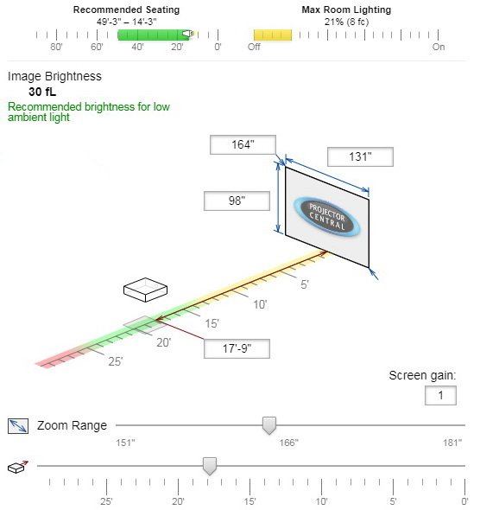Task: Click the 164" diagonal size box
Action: [243, 144]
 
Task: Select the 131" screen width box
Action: [360, 156]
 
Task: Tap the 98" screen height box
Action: [237, 201]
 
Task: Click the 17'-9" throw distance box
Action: [237, 348]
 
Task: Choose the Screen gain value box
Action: [440, 396]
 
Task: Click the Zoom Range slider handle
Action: [269, 425]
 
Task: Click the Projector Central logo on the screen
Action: [326, 216]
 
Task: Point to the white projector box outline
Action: [146, 290]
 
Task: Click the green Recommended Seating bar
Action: [154, 35]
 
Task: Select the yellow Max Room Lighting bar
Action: [273, 35]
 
